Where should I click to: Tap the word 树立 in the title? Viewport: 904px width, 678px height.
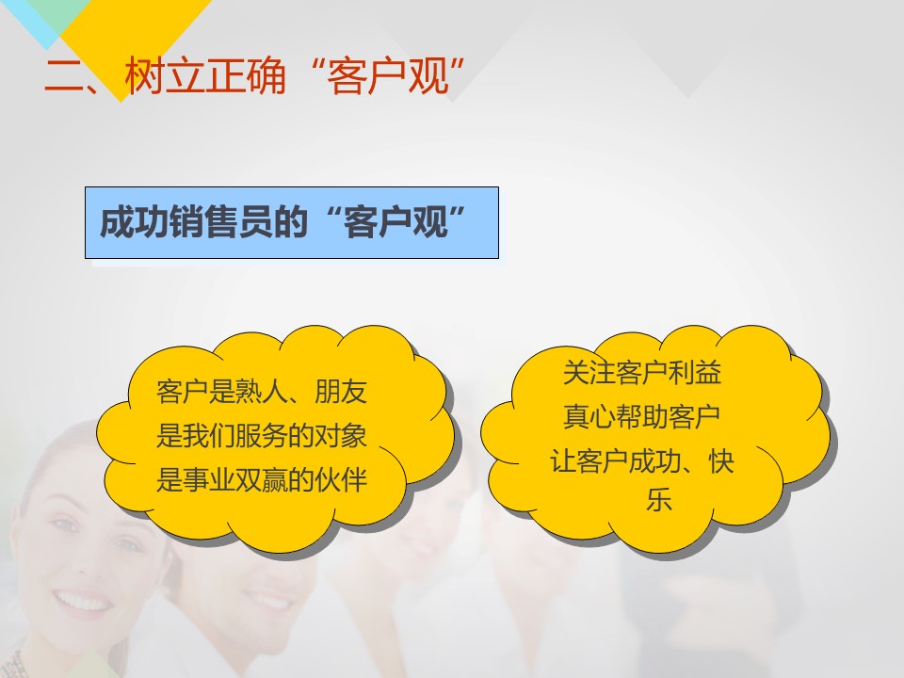point(164,75)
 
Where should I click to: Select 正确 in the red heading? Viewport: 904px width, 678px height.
point(245,75)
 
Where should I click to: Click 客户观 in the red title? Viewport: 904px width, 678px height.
point(387,75)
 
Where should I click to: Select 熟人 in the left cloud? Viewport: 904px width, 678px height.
point(261,392)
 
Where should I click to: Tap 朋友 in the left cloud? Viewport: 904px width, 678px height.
point(340,392)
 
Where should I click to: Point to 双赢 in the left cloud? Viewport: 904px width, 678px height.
point(261,479)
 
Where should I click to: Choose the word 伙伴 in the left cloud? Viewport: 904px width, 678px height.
point(340,479)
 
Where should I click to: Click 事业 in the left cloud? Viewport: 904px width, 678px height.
point(208,479)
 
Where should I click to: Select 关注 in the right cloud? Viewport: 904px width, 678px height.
point(589,373)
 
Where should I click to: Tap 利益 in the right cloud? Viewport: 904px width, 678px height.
point(694,373)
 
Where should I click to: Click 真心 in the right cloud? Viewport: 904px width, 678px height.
point(589,416)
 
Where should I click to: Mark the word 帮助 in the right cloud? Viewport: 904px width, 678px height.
point(641,416)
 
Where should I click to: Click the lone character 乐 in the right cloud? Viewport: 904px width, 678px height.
point(659,499)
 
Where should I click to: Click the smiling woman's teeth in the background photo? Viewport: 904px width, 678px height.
point(83,603)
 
